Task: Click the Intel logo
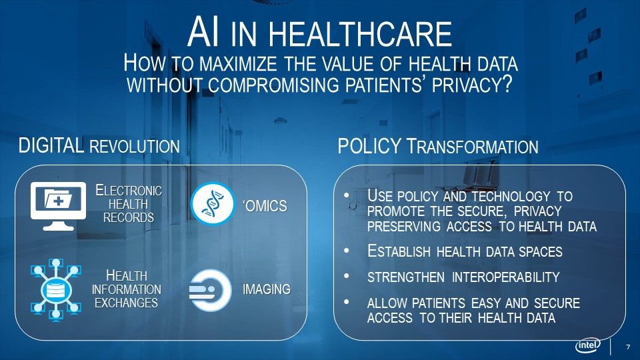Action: click(x=588, y=345)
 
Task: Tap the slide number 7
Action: click(x=628, y=347)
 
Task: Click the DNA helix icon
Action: click(x=212, y=204)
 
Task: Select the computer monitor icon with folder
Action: click(x=59, y=206)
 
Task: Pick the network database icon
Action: click(x=56, y=290)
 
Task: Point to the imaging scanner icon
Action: click(x=210, y=290)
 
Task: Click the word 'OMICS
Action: click(x=265, y=206)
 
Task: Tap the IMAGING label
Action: click(x=267, y=289)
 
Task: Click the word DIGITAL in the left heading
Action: click(x=51, y=146)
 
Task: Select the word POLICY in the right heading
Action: click(x=369, y=146)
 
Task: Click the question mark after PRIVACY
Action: click(x=506, y=85)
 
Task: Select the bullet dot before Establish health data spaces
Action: click(x=347, y=251)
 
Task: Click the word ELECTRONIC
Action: click(x=129, y=191)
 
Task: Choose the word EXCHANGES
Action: click(x=126, y=303)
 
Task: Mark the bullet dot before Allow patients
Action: click(x=347, y=302)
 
